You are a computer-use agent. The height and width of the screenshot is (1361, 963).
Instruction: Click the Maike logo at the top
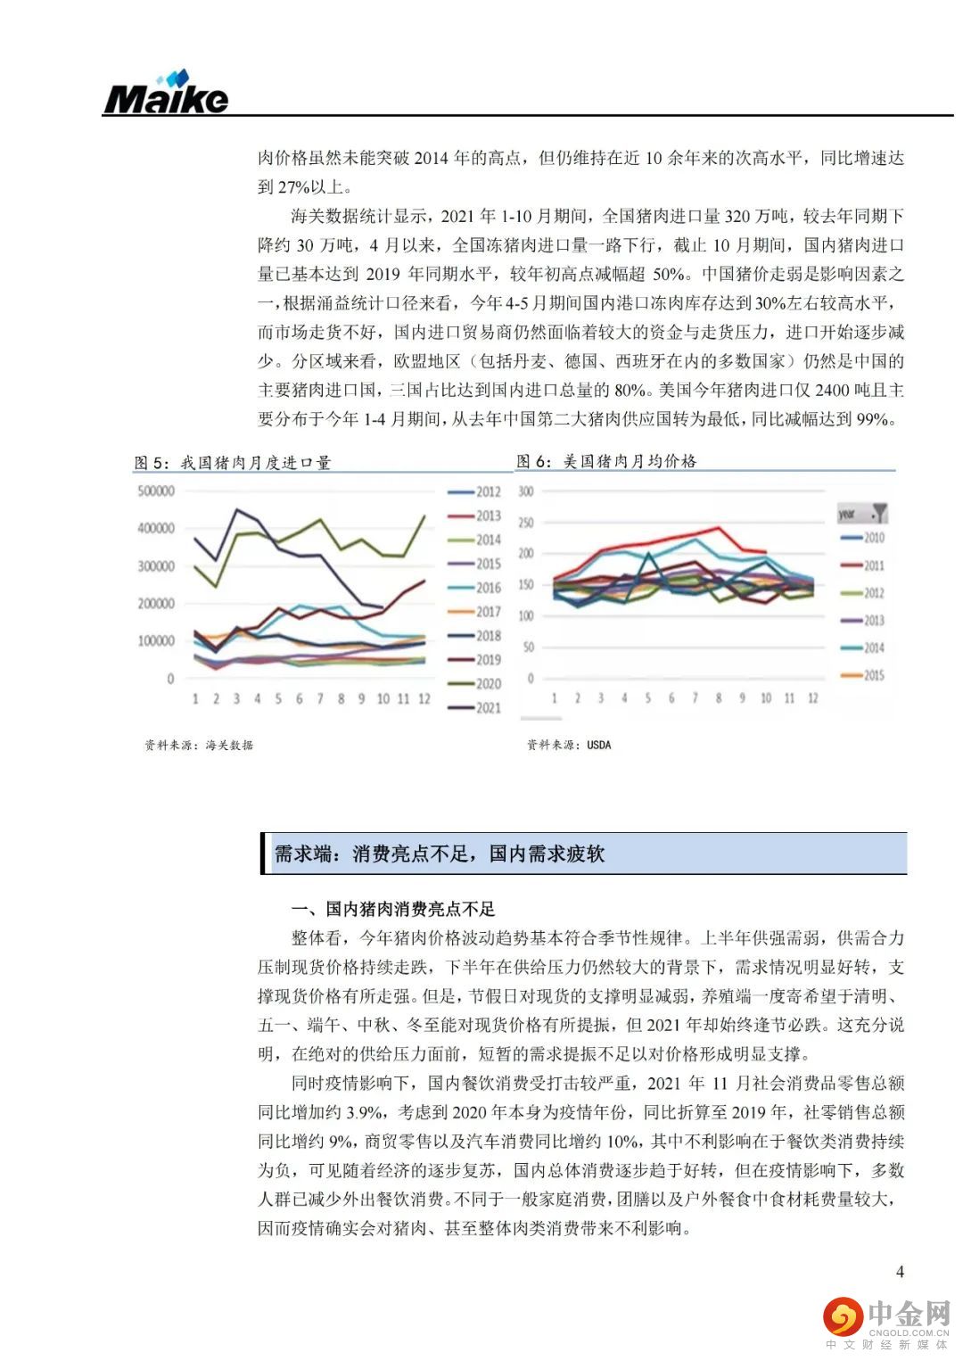[166, 93]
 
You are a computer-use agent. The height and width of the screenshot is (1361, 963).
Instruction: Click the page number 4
[900, 1272]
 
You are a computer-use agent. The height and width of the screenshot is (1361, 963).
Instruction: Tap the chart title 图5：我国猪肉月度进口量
[232, 462]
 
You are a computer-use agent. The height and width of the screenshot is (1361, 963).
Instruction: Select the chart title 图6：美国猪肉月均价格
[606, 461]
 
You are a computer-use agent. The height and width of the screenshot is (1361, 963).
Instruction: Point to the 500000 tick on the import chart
[156, 491]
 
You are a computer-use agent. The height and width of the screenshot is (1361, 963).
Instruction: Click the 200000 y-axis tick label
[156, 604]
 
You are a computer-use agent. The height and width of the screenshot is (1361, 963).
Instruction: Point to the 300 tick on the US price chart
[525, 491]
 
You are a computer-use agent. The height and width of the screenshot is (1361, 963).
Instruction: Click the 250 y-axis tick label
[525, 523]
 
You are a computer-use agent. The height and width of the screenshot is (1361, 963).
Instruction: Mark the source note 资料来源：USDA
[569, 745]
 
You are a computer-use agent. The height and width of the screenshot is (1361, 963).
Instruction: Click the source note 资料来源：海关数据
[199, 745]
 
